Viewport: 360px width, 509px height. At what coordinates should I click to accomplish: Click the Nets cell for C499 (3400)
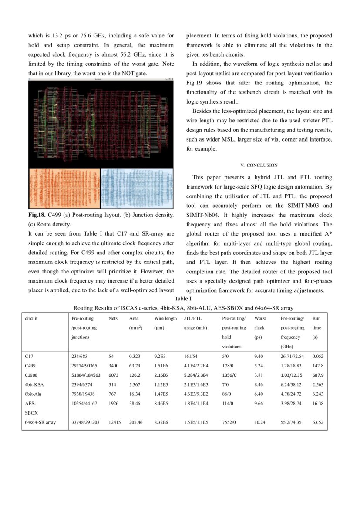pyautogui.click(x=113, y=366)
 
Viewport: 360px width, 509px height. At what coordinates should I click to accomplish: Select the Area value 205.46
pyautogui.click(x=136, y=422)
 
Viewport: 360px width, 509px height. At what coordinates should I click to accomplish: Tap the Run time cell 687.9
pyautogui.click(x=318, y=375)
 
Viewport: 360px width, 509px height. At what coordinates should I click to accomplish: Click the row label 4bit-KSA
pyautogui.click(x=34, y=384)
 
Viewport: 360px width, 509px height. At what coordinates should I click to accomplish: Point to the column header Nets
pyautogui.click(x=113, y=318)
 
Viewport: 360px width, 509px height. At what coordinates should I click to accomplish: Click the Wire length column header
pyautogui.click(x=165, y=318)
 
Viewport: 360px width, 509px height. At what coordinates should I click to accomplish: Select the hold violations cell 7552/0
pyautogui.click(x=230, y=422)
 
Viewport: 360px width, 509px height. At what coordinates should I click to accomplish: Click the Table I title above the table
pyautogui.click(x=183, y=299)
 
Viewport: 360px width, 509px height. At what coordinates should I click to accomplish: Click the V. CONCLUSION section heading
pyautogui.click(x=259, y=165)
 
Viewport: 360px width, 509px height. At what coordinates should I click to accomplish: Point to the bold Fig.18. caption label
pyautogui.click(x=37, y=215)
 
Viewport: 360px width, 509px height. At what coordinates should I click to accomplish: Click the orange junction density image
pyautogui.click(x=64, y=189)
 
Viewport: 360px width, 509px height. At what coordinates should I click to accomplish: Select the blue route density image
pyautogui.click(x=137, y=189)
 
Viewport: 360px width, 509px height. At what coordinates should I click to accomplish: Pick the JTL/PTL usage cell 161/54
pyautogui.click(x=191, y=356)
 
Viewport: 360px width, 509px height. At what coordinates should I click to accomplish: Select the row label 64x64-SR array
pyautogui.click(x=40, y=422)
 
